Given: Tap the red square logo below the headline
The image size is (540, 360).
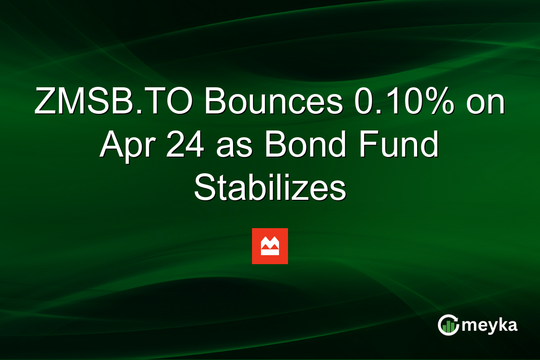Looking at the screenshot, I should click(x=270, y=246).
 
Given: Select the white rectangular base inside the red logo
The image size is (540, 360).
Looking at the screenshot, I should click(x=270, y=252).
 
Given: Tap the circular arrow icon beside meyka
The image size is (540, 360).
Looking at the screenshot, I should click(x=448, y=325).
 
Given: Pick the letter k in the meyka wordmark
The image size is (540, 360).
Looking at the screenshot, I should click(x=501, y=325).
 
